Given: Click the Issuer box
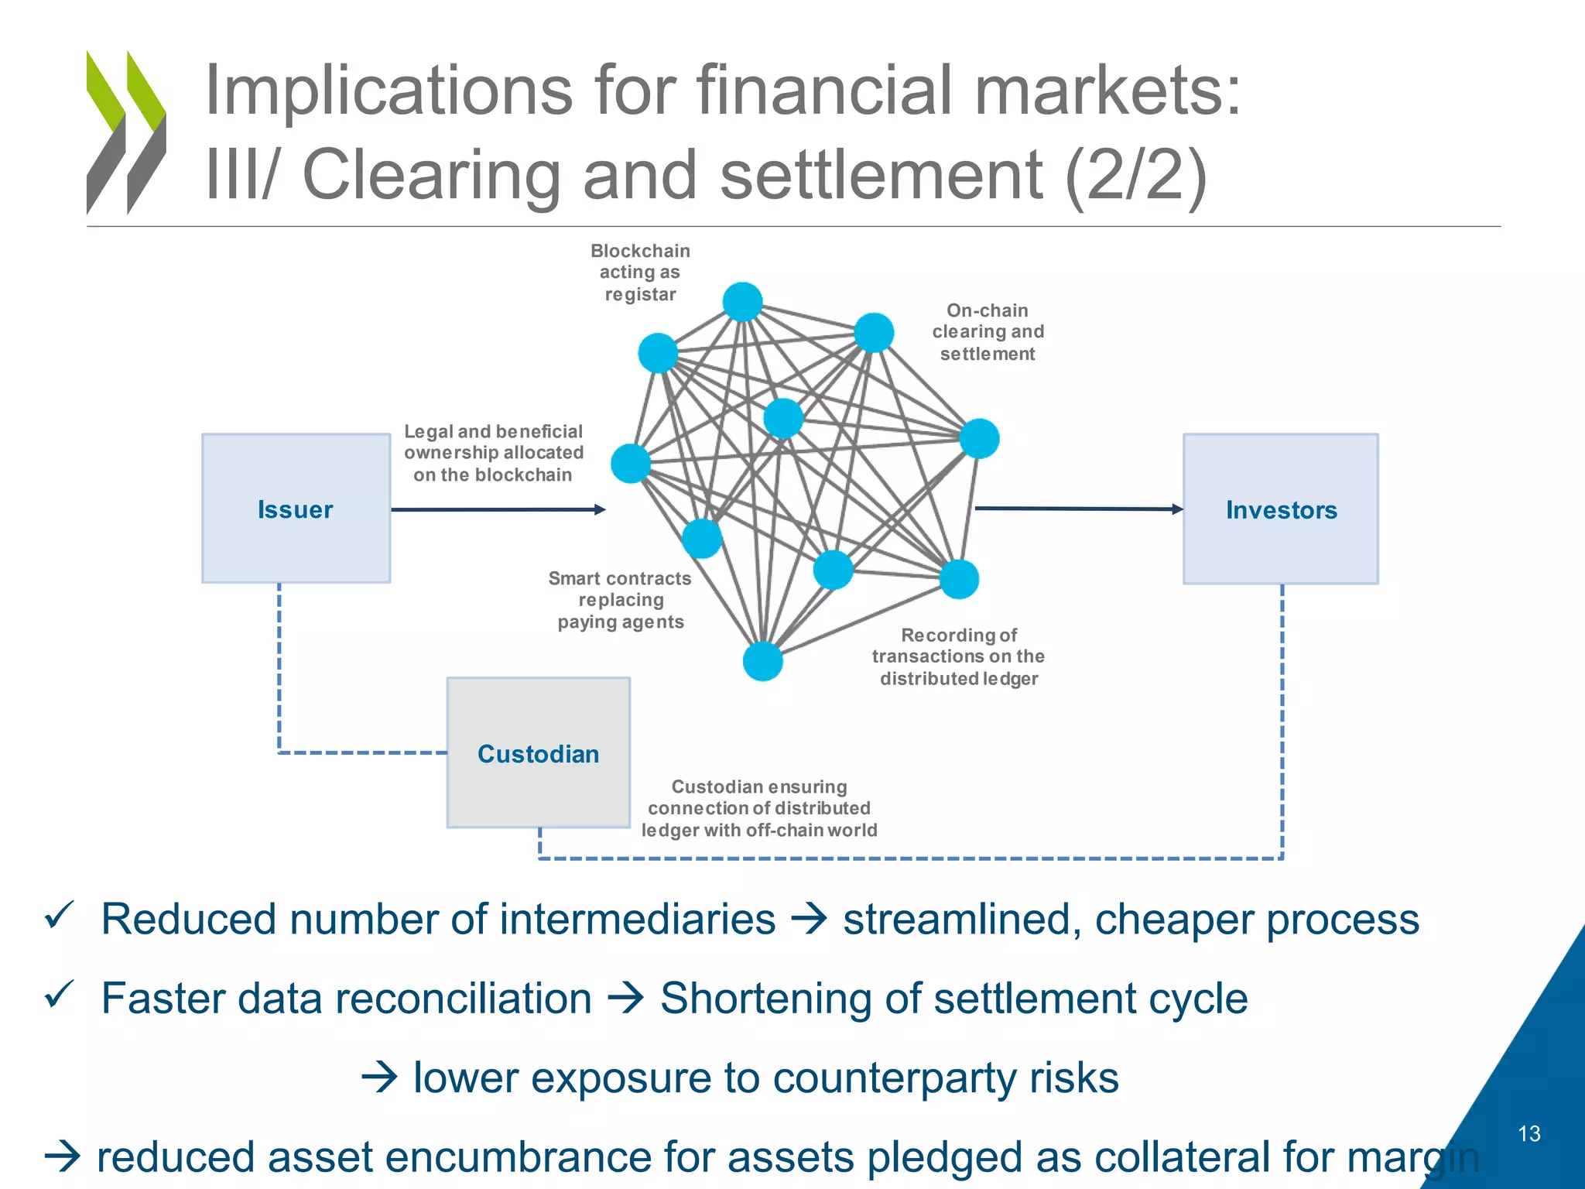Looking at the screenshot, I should [x=296, y=509].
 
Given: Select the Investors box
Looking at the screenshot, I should [x=1281, y=509].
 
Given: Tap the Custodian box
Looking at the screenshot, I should [x=538, y=752].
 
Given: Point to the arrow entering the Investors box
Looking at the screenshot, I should [x=1079, y=509].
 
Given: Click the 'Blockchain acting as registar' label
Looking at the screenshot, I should [x=640, y=272].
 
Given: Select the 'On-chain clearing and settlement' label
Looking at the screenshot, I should [x=988, y=332].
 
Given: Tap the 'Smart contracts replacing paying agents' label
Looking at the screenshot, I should [x=620, y=600].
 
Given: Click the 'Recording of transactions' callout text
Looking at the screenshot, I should [x=958, y=656].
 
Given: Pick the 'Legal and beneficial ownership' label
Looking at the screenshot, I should [x=493, y=453].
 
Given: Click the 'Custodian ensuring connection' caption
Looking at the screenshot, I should [x=758, y=808].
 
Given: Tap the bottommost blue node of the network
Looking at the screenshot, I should [x=762, y=661].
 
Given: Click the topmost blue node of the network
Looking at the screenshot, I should [x=742, y=302].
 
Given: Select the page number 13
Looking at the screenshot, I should [x=1529, y=1133].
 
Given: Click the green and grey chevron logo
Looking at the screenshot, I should [x=126, y=132].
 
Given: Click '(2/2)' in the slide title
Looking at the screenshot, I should [x=1135, y=175].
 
